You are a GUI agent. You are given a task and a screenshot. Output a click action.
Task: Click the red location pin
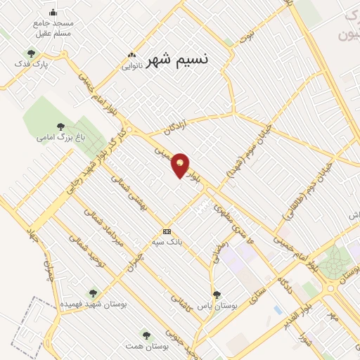pos(181,165)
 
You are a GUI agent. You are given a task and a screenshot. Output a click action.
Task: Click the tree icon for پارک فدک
pos(30,53)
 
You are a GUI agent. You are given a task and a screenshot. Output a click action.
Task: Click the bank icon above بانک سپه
pos(167,231)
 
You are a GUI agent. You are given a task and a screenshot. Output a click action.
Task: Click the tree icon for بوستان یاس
pos(215,294)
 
